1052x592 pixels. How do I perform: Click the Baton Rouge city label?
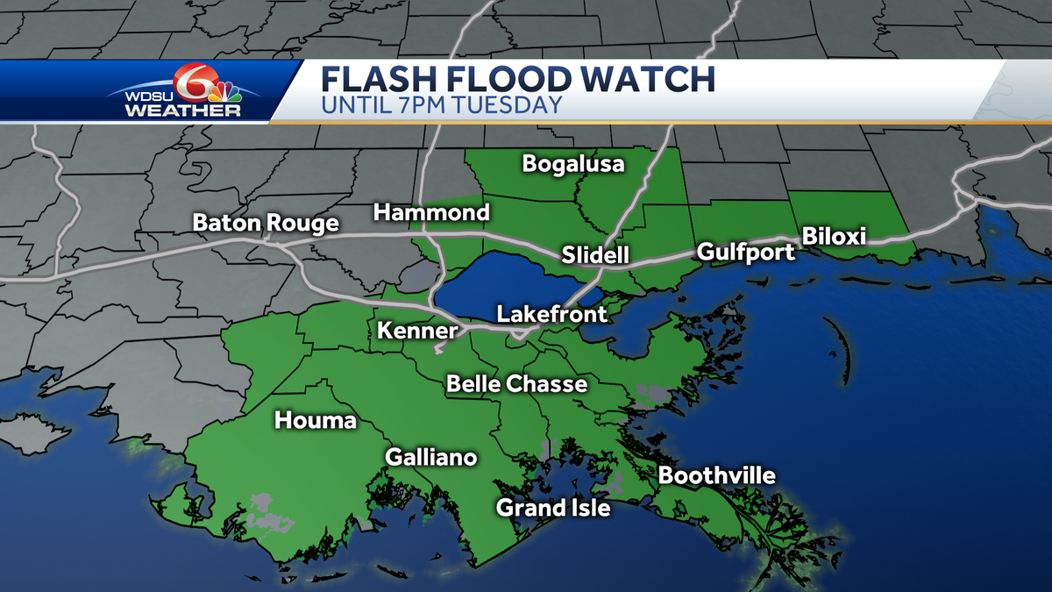pos(266,224)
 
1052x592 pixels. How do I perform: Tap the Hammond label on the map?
pos(431,212)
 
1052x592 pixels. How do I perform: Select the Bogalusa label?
pos(573,164)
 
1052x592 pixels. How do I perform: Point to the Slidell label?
pos(595,255)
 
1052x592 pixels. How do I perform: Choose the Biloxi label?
pos(834,237)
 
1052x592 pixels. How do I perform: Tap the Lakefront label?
pos(551,314)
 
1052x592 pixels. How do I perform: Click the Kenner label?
pos(417,331)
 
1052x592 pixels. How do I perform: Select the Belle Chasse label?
pos(516,384)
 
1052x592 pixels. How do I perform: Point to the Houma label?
pos(316,421)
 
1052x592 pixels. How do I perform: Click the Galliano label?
pos(431,458)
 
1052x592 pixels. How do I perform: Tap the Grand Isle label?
pos(553,508)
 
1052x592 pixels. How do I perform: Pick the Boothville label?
pos(717,476)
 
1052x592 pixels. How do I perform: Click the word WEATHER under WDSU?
pos(182,111)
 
